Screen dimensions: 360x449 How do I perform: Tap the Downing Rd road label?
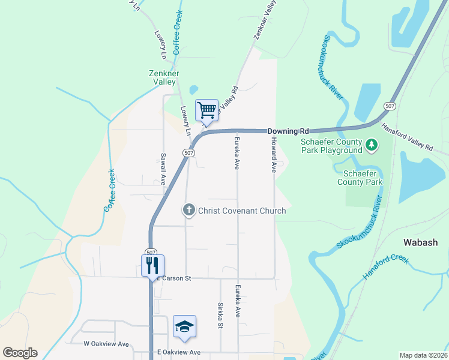pyautogui.click(x=288, y=131)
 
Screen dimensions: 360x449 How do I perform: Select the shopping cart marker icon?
pyautogui.click(x=206, y=110)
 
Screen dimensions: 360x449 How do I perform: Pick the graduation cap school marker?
pyautogui.click(x=184, y=326)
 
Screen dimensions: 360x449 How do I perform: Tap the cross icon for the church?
pyautogui.click(x=188, y=210)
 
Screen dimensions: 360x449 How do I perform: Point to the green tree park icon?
pyautogui.click(x=372, y=144)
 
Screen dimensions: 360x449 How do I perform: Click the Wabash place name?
pyautogui.click(x=420, y=243)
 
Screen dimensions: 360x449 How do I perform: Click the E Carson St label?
pyautogui.click(x=173, y=278)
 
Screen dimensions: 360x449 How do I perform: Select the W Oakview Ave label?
pyautogui.click(x=106, y=344)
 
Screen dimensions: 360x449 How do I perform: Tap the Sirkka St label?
pyautogui.click(x=220, y=316)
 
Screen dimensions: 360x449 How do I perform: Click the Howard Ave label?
pyautogui.click(x=273, y=155)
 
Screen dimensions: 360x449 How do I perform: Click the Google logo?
pyautogui.click(x=20, y=353)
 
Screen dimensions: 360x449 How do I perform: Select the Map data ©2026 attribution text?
pyautogui.click(x=423, y=355)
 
